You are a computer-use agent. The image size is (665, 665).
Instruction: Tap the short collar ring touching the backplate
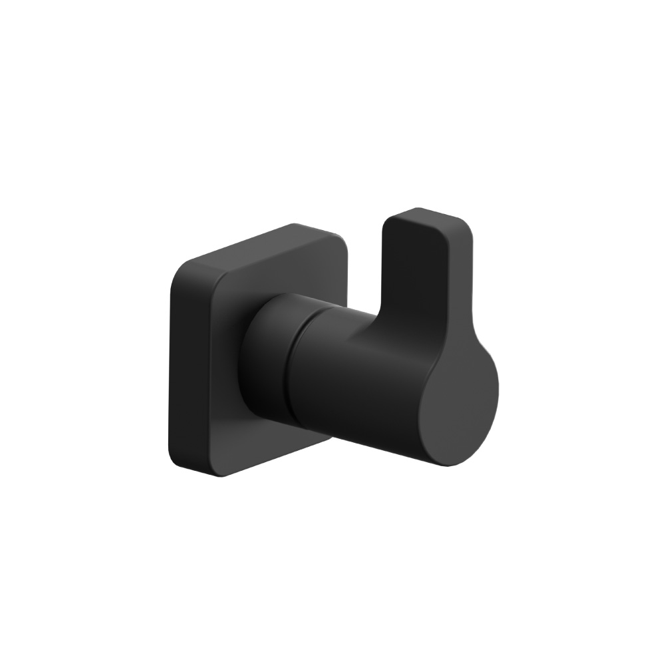click(x=266, y=352)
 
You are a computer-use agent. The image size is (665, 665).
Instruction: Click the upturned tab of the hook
click(x=426, y=279)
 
